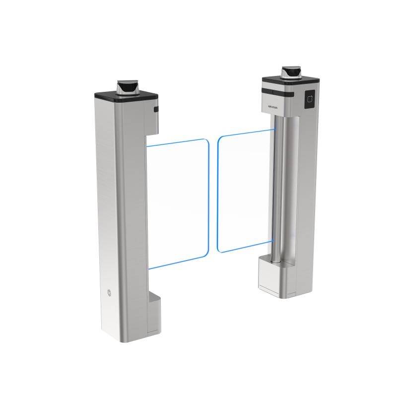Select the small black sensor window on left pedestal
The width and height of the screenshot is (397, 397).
156,109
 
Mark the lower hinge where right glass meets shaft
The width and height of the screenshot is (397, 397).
273,241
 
